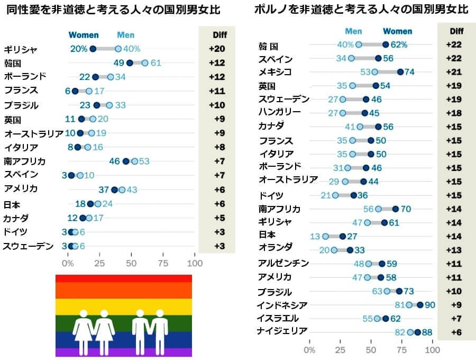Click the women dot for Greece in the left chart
[x=93, y=49]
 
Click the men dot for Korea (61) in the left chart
[x=145, y=62]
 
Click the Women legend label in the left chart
[x=84, y=35]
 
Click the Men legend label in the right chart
[x=353, y=31]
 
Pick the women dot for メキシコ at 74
[x=400, y=72]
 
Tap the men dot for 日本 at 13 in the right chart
[x=325, y=236]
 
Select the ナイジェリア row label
[x=282, y=331]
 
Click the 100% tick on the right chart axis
[x=433, y=350]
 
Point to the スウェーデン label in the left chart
[x=28, y=246]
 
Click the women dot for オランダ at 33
[x=350, y=250]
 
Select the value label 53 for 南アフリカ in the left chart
[x=144, y=161]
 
